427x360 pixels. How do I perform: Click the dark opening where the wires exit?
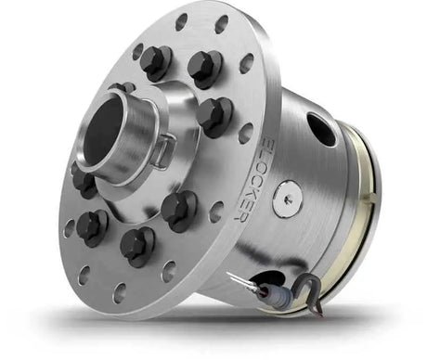pyautogui.click(x=272, y=279)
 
